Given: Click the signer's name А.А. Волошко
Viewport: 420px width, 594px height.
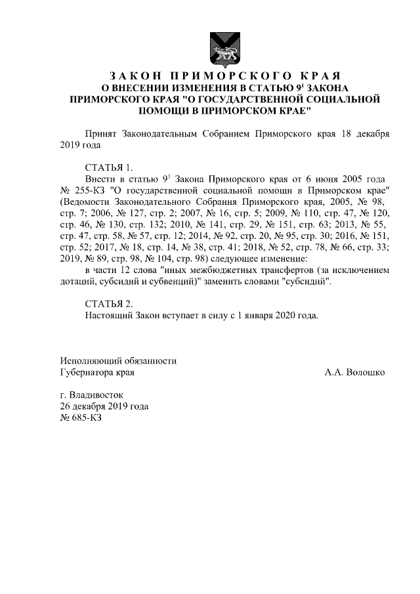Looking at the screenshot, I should coord(354,372).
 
